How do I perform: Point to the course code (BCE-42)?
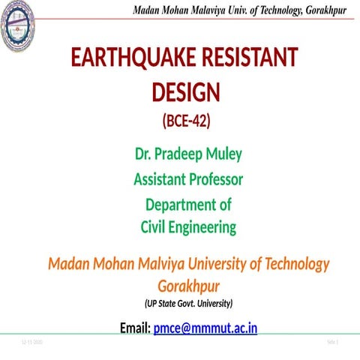(186, 120)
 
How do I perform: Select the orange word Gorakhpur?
(188, 286)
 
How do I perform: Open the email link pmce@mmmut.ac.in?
(205, 328)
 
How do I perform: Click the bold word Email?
(134, 328)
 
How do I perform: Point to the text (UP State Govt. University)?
(188, 304)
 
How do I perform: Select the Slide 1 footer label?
(334, 342)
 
